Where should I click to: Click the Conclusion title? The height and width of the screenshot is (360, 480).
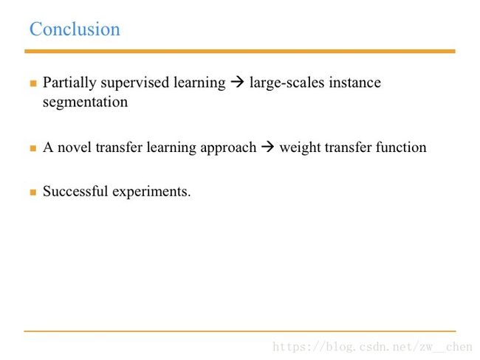(x=75, y=29)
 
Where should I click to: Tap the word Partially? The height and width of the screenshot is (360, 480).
(x=69, y=83)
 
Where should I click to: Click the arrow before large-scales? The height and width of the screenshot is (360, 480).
(x=237, y=82)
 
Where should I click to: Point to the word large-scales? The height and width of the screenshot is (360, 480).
(x=287, y=83)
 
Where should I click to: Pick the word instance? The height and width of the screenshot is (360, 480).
(x=354, y=83)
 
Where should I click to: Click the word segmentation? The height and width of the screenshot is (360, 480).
(x=85, y=102)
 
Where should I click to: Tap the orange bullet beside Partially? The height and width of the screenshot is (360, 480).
(x=33, y=83)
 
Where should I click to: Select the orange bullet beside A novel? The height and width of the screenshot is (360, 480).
(x=33, y=148)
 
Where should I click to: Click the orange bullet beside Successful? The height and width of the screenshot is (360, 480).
(x=33, y=192)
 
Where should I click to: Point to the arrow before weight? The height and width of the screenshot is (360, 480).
(x=267, y=147)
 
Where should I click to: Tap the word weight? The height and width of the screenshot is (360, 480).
(x=300, y=148)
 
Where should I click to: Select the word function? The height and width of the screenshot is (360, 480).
(x=401, y=147)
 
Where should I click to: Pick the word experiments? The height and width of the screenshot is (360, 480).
(x=151, y=192)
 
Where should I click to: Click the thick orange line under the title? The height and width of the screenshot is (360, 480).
(x=240, y=52)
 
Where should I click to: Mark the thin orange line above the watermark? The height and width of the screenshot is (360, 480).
(x=240, y=331)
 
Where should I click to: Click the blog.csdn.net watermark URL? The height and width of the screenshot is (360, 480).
(x=372, y=347)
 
